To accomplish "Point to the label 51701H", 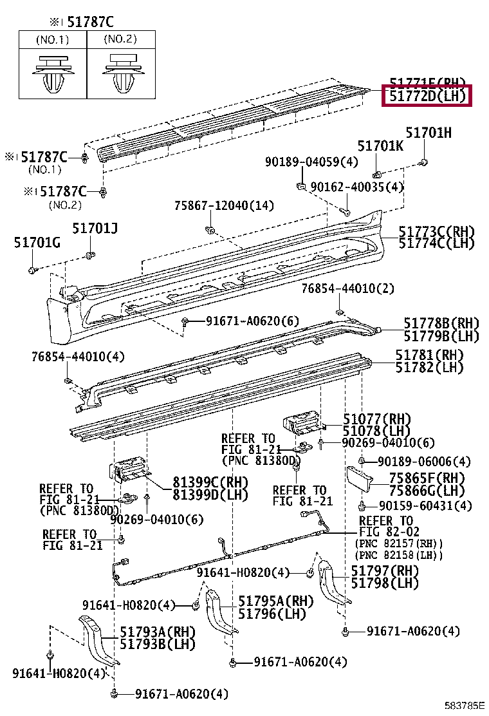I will pos(429,133).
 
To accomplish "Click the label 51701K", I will pos(380,146).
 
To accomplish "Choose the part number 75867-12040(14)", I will pos(224,205).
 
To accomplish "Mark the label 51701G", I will pos(37,242).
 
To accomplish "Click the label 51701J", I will pos(95,228).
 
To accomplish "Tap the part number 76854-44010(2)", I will pos(347,289).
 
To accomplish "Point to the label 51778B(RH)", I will pos(441,323).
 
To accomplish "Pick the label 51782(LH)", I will pos(429,368).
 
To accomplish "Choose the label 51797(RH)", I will pos(384,571).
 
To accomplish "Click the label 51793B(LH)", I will pos(157,644).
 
